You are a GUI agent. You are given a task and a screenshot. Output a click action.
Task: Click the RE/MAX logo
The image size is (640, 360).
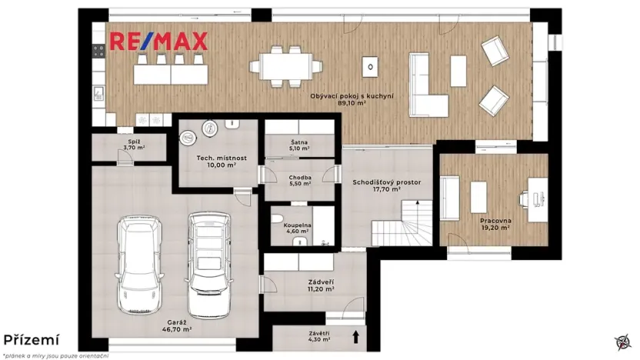coord(159,42)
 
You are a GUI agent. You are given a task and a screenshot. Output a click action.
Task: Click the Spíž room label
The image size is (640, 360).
coord(134,143)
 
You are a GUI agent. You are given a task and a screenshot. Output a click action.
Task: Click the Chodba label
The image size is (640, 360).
coord(299,178)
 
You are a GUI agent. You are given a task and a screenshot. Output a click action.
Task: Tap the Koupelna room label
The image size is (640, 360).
coord(299,226)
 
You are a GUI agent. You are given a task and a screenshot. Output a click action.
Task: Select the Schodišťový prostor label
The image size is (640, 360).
coord(386,182)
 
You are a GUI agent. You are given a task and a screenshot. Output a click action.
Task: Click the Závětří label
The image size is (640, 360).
coord(316,335)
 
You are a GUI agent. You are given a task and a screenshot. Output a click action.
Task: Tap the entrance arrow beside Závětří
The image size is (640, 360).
coord(355,336)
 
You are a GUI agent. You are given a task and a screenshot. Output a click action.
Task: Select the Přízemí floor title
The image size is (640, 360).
coord(30,339)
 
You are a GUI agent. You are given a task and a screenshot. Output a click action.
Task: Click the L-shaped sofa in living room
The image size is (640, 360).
coord(425,86)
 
